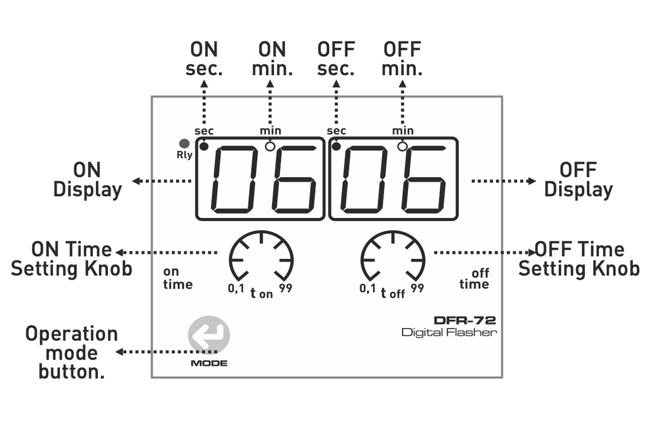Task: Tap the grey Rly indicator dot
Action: pos(184,144)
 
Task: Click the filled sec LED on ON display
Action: pos(204,146)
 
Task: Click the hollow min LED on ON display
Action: pos(269,146)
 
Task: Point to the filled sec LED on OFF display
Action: pos(336,146)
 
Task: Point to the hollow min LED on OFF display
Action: pos(402,146)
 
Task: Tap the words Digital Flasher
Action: pos(450,332)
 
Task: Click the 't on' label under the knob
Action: pos(261,294)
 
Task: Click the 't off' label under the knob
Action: pos(393,294)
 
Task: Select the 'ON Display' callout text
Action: pos(87,180)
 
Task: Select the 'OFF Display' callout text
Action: pos(578,180)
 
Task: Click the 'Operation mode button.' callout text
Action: pos(71,353)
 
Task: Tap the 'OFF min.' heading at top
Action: pos(402,59)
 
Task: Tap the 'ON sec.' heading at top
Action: pos(204,59)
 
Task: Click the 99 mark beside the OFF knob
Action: pos(417,288)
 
